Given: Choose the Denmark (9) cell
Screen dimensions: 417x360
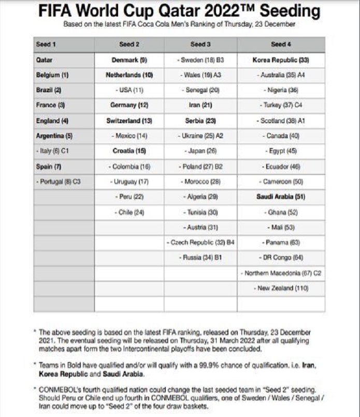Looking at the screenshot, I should point(129,60).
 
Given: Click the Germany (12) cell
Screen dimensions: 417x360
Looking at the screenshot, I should point(129,106).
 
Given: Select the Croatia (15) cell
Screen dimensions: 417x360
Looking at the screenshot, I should point(129,151).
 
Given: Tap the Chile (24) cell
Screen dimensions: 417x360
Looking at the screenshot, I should point(129,212).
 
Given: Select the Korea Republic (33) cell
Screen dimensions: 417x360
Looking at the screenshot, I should point(281,60).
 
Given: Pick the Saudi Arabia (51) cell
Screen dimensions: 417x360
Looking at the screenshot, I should point(281,197).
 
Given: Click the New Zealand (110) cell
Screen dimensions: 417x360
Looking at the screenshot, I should point(281,288).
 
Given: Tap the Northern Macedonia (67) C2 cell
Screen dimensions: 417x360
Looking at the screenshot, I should point(281,273).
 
